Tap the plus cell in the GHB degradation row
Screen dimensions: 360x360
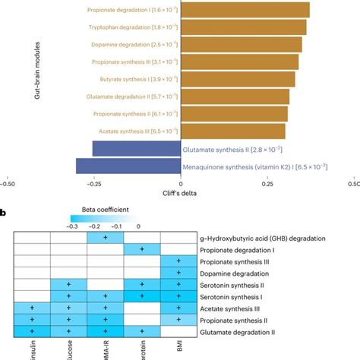click(106, 238)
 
